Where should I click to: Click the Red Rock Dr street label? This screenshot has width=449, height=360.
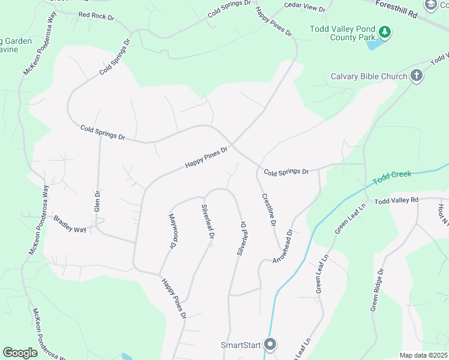tap(96, 16)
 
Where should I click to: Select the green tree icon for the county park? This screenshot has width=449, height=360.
tap(385, 32)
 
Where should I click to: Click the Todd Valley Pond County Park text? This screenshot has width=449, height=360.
tap(342, 33)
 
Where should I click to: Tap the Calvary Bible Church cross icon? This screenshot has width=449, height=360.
tap(417, 76)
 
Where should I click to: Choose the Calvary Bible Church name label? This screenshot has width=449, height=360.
tap(369, 77)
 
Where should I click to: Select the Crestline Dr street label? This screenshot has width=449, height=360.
tap(268, 209)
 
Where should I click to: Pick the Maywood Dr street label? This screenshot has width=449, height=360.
tap(173, 231)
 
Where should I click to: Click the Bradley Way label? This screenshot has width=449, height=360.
tap(71, 224)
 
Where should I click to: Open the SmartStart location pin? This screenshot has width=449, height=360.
tap(270, 344)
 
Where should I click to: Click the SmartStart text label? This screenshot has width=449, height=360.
tap(240, 345)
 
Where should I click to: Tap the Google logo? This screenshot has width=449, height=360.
tap(20, 353)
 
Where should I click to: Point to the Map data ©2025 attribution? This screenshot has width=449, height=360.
tap(423, 355)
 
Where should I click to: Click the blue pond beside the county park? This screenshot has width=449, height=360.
tap(373, 44)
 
